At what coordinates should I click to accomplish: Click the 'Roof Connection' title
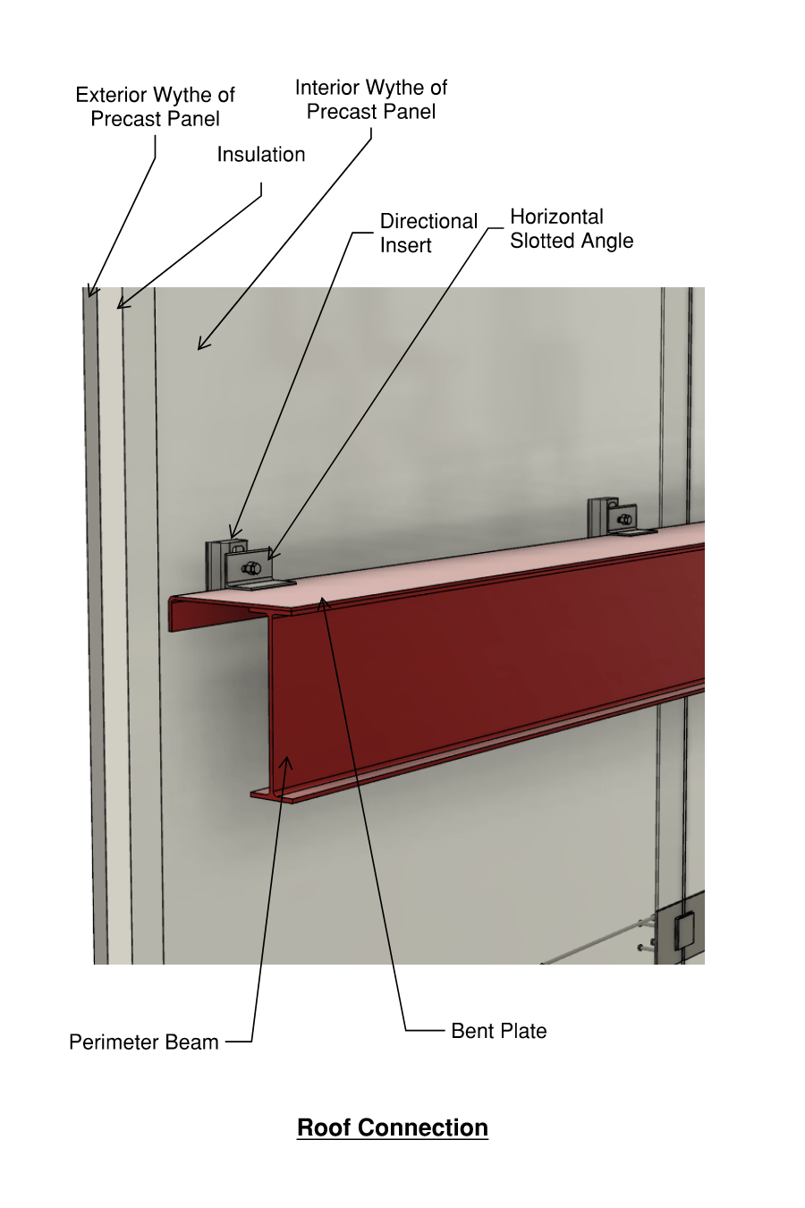[x=392, y=1127]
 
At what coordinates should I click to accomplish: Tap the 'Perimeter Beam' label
[x=143, y=1042]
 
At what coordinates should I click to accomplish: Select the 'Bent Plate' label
[x=498, y=1031]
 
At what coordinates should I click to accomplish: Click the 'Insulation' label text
[x=260, y=155]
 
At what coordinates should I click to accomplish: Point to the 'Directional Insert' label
[x=428, y=233]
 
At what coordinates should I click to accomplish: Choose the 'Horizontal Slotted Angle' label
[x=571, y=229]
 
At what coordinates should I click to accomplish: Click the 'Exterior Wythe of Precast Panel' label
[x=155, y=106]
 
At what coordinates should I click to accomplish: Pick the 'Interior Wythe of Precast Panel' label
[x=370, y=99]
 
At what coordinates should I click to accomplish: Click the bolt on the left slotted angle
[x=251, y=568]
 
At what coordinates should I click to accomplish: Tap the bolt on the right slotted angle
[x=624, y=519]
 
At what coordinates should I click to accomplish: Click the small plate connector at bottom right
[x=684, y=931]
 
